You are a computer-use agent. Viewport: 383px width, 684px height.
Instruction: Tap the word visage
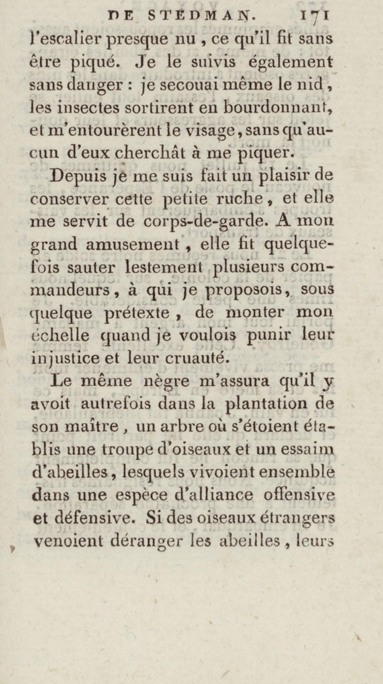[209, 131]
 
